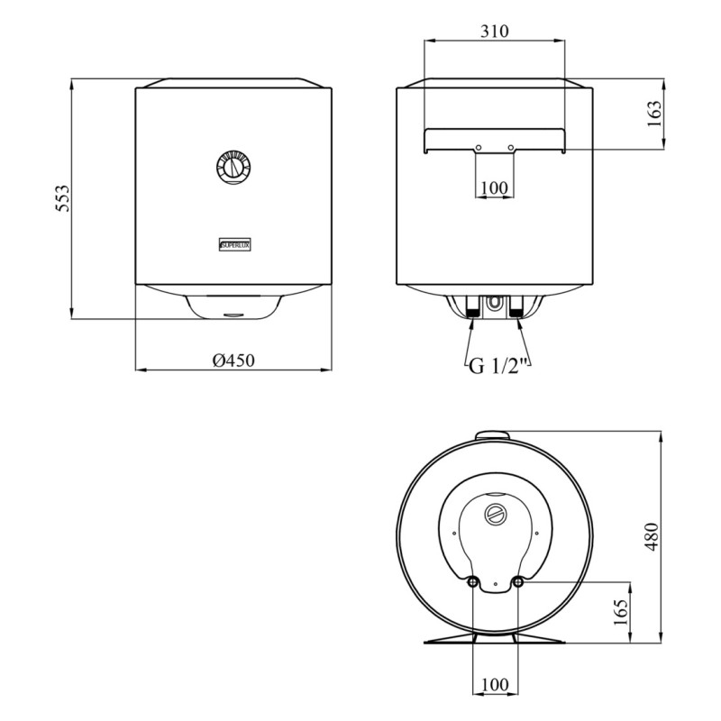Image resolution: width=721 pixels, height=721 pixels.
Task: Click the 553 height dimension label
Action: coord(62,198)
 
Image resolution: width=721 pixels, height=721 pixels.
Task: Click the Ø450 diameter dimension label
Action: coord(233,360)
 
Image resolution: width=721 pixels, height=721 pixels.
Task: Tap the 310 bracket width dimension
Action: coord(495,32)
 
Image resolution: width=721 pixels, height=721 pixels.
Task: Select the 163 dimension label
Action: coord(653,114)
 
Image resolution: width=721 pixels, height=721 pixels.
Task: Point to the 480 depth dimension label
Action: coord(652,536)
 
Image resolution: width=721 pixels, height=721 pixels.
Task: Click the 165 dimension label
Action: coord(620,612)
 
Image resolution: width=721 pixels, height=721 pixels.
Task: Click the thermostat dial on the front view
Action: coord(233,168)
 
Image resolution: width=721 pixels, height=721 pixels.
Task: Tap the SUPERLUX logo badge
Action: coord(234,245)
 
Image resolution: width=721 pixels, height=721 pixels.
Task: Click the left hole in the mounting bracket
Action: coord(479,148)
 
